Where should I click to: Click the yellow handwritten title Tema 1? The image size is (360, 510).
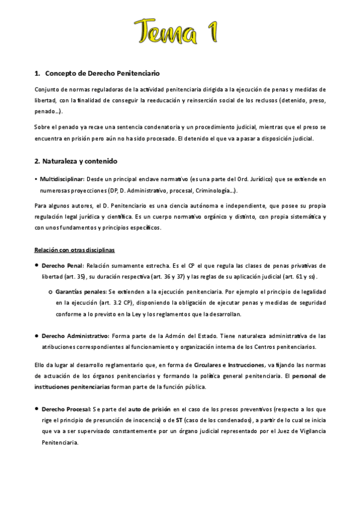point(180,28)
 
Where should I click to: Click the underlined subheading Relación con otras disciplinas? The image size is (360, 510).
point(75,249)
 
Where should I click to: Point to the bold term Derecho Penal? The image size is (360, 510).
point(63,265)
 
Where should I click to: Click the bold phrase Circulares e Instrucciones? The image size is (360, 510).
point(228,364)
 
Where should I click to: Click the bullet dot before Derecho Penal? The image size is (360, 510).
point(37,265)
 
